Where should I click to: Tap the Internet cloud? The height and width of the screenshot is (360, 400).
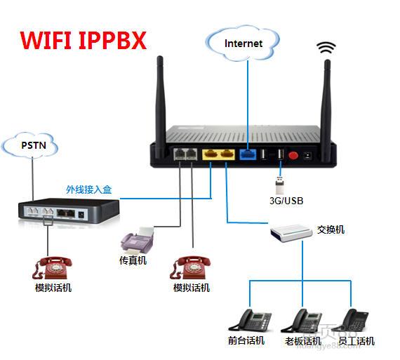tap(243, 43)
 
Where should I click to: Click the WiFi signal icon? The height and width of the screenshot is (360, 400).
tap(326, 48)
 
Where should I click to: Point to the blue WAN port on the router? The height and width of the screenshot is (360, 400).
tap(246, 154)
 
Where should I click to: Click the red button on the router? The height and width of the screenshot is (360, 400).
tap(293, 154)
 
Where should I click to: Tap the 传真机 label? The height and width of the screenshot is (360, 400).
tap(133, 261)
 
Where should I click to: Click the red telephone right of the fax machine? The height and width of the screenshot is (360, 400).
tap(192, 268)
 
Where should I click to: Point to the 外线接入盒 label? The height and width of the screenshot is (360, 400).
tap(88, 189)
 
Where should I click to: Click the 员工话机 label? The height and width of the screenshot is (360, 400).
tap(356, 341)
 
